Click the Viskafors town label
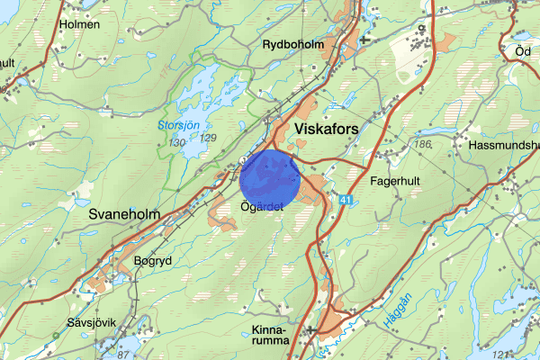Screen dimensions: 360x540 coord(326,130)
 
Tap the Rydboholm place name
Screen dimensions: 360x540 coord(293,44)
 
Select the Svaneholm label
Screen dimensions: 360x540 coord(125,215)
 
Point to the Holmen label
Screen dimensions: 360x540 coord(78,25)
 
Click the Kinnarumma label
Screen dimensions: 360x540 coord(271,335)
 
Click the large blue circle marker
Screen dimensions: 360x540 coord(270,178)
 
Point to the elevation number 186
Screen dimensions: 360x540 coord(420,144)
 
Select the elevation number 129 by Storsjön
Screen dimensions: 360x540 coord(209,137)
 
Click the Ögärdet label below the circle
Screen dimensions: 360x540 coord(263,207)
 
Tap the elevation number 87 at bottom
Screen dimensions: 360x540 coord(126,356)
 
